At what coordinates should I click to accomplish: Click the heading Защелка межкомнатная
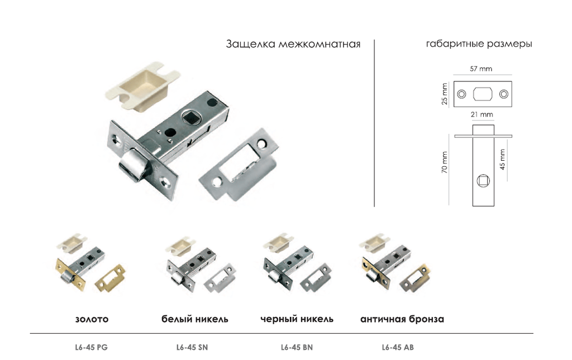tap(293, 44)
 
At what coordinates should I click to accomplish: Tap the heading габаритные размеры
tap(478, 44)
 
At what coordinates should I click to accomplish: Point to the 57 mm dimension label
tap(481, 69)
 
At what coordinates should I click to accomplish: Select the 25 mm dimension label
tap(445, 94)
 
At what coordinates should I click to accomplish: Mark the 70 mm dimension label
tap(445, 162)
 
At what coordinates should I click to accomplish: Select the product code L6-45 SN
tap(192, 347)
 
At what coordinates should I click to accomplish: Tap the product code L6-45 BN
tap(297, 347)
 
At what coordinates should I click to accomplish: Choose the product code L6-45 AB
tap(398, 347)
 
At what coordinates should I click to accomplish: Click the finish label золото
tap(92, 320)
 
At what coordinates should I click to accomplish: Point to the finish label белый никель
tap(195, 320)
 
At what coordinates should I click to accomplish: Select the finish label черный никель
tap(297, 320)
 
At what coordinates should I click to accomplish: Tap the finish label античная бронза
tap(402, 320)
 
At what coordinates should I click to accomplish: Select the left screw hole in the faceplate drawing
tap(461, 94)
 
